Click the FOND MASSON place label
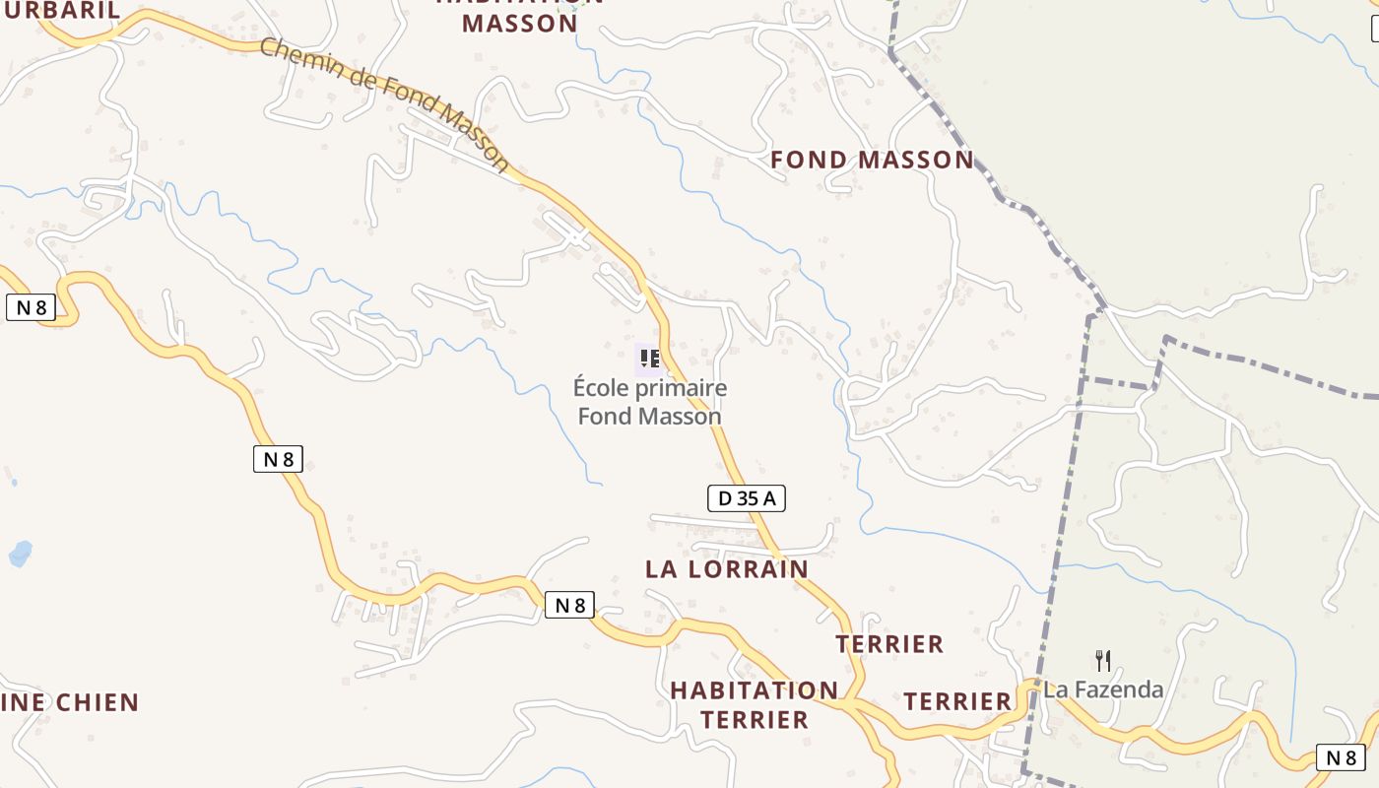(872, 160)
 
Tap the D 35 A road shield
(746, 498)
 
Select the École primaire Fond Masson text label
(650, 402)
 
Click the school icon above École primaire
(648, 359)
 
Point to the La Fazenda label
(1103, 689)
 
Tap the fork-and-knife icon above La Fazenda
(1103, 660)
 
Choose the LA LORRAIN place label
(727, 569)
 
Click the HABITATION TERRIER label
(755, 705)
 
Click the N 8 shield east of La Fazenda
(1341, 757)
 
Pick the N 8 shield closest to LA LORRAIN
(569, 605)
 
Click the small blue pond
(20, 554)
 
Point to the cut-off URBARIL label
(59, 11)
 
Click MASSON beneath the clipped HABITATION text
(519, 24)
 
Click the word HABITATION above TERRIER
(755, 690)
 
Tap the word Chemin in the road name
(302, 62)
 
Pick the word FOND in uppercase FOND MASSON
(809, 160)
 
